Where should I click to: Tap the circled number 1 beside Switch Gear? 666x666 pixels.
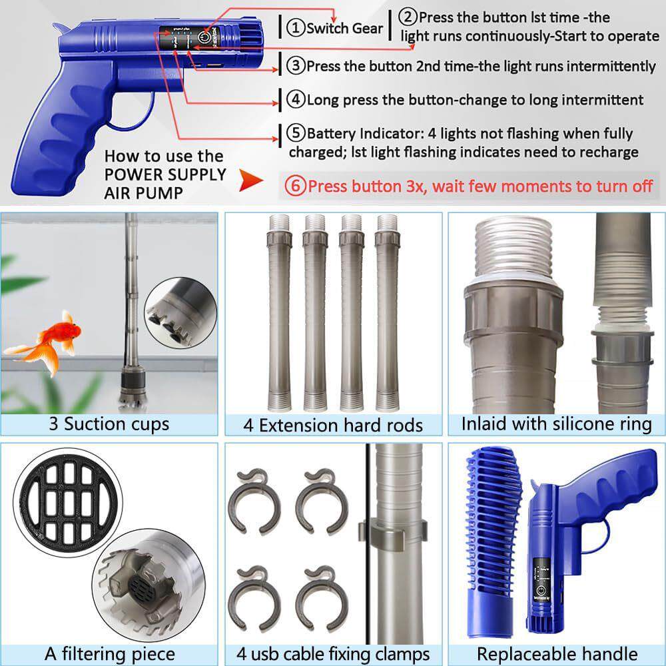click(296, 28)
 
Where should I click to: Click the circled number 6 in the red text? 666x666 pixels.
click(295, 186)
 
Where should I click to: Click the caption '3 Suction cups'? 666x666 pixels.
click(109, 424)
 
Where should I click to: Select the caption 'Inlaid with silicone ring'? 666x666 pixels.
click(557, 424)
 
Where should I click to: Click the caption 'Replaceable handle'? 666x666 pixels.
click(557, 654)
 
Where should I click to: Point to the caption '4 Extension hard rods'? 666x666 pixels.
click(333, 425)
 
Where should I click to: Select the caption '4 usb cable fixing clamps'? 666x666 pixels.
click(333, 654)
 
